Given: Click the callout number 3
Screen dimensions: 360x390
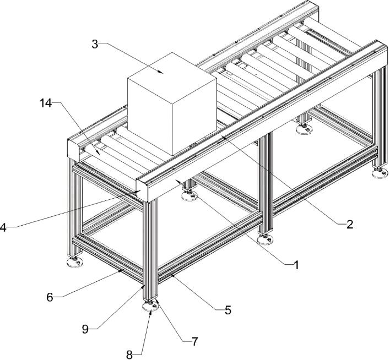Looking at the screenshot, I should [x=95, y=44].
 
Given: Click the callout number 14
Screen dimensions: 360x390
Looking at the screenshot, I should [x=47, y=103].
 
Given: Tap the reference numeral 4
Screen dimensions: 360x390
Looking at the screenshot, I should [x=3, y=226].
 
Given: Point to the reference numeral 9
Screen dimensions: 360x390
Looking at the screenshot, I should [x=85, y=329].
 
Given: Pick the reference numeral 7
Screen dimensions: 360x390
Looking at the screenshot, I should [x=194, y=342].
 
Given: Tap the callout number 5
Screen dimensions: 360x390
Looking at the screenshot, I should [x=227, y=310].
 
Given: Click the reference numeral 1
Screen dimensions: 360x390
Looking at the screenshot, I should [x=296, y=265].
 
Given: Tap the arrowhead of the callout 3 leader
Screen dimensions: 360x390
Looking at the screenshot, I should [x=162, y=73].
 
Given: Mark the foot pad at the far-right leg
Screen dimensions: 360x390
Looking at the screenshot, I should [x=380, y=174].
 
